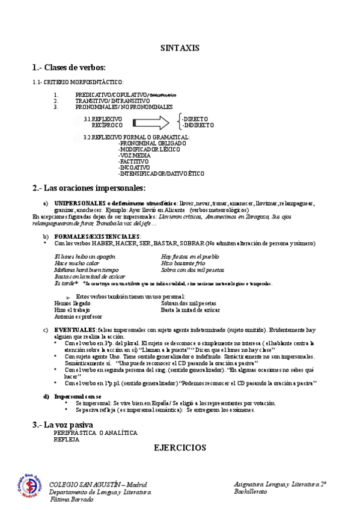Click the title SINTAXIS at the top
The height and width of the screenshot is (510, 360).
180,48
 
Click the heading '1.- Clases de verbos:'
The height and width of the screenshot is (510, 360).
69,67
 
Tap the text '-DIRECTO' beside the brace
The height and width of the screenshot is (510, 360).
196,119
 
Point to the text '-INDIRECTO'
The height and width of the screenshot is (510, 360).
199,125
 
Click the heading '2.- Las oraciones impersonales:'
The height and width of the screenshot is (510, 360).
89,188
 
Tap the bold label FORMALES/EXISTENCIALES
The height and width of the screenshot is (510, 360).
98,236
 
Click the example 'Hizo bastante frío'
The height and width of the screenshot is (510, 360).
184,263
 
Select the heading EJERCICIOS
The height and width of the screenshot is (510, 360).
180,447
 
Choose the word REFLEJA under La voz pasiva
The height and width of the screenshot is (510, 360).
66,439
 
